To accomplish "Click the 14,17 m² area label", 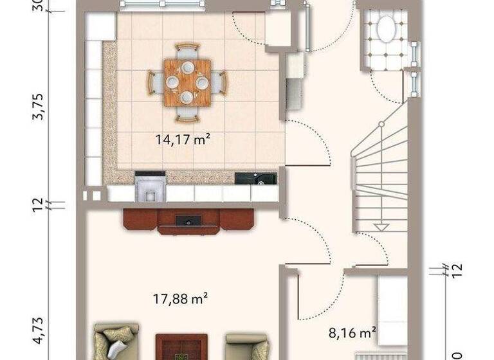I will [x=184, y=139].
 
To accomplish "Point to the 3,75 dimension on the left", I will [x=39, y=107].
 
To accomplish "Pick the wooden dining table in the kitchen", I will [x=187, y=82].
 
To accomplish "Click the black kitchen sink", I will [x=255, y=178].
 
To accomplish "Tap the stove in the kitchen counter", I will [x=150, y=186].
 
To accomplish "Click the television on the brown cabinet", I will [x=188, y=221].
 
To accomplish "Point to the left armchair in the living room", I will [x=116, y=341].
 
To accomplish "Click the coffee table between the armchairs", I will [x=181, y=347].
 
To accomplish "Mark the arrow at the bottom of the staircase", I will [x=382, y=226].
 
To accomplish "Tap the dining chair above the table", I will [x=187, y=50].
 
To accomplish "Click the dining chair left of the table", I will [x=154, y=82].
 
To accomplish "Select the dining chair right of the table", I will [x=220, y=82].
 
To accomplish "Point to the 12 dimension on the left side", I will [x=39, y=205].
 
